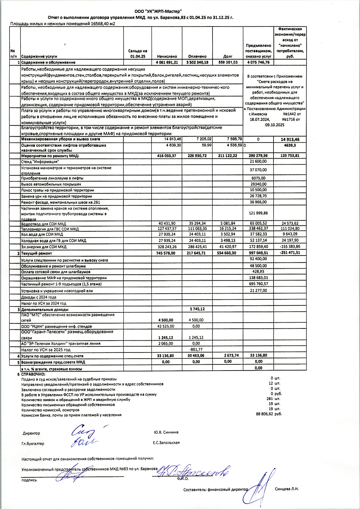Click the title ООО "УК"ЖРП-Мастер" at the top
click(x=158, y=11)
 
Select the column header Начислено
click(x=167, y=56)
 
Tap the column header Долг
click(x=228, y=56)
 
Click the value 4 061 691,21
click(x=167, y=62)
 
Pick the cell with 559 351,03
click(x=228, y=62)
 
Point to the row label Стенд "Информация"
click(x=40, y=161)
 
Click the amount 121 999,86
click(x=258, y=213)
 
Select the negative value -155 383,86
click(x=290, y=247)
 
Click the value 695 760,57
click(x=258, y=284)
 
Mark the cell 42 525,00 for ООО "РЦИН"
click(x=166, y=326)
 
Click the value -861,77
click(x=196, y=350)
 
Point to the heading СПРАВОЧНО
click(x=33, y=374)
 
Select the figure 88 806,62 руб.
click(x=269, y=414)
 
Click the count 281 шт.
click(x=273, y=399)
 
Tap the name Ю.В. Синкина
click(x=166, y=432)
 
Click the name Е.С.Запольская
click(x=166, y=443)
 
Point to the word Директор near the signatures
click(x=31, y=433)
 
